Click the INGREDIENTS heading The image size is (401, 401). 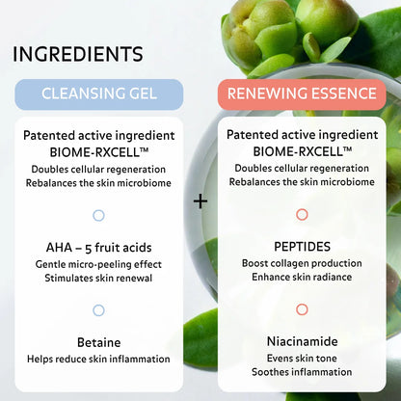point(78,54)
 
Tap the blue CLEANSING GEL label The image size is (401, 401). point(98,94)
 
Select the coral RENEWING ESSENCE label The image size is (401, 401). point(301,94)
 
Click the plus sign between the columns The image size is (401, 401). point(200,201)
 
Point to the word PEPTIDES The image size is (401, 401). point(302,246)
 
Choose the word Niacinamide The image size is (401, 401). point(302,341)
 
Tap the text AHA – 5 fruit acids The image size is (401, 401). point(98,246)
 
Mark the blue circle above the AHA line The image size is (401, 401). point(98,215)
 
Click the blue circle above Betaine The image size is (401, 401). point(98,309)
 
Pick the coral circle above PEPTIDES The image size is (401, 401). point(302,215)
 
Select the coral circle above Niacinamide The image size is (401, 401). point(302,309)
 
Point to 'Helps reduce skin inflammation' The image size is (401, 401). point(98,360)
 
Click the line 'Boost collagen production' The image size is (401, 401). point(302,263)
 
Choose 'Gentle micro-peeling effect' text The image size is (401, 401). point(98,263)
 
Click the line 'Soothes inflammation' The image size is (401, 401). point(302,373)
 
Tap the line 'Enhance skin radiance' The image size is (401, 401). point(302,278)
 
